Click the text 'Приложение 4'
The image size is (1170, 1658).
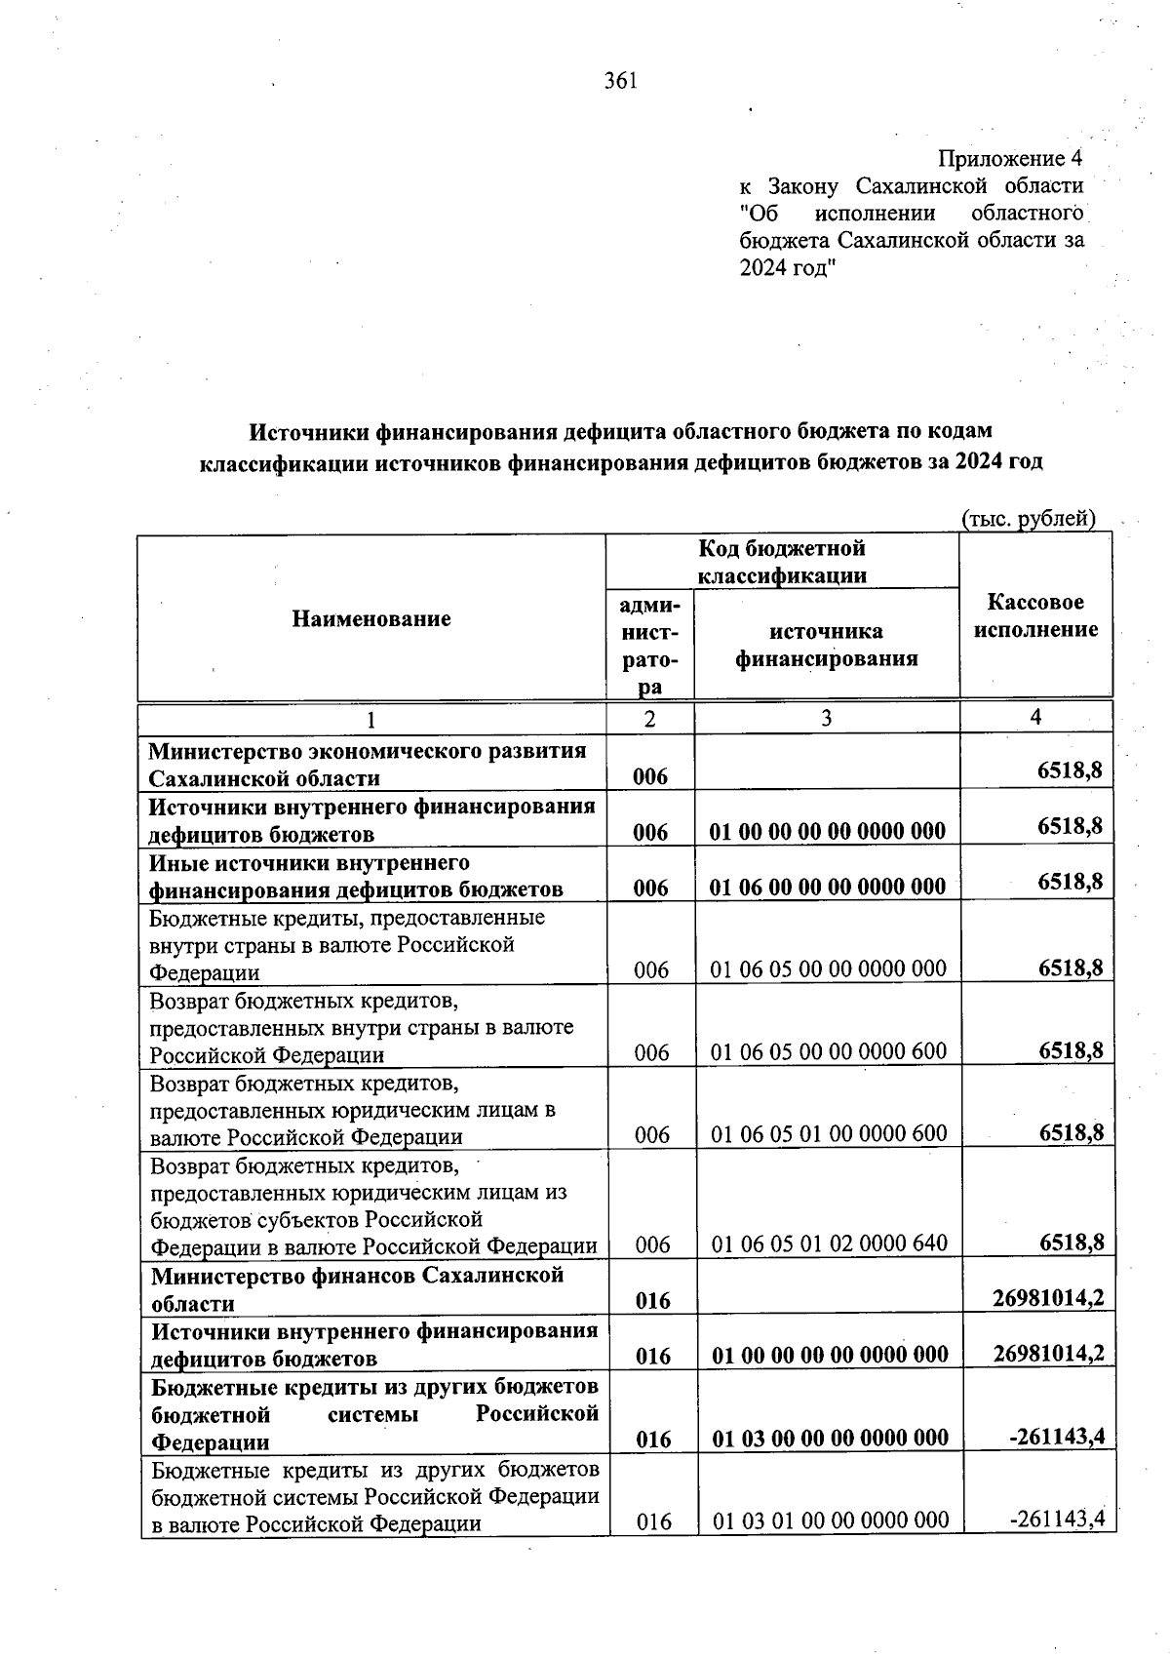[x=1010, y=158]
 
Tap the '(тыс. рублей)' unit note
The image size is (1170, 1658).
[x=1029, y=519]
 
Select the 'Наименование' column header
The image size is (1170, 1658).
[x=371, y=618]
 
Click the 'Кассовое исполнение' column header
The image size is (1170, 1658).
[x=1035, y=615]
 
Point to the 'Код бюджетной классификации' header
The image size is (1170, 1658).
[x=782, y=562]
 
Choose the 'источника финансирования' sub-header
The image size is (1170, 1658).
[x=826, y=645]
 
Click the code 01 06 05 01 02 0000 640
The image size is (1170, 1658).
[x=830, y=1243]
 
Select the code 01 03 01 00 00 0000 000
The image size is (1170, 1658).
[x=831, y=1520]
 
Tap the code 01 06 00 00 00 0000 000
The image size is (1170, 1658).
[x=828, y=887]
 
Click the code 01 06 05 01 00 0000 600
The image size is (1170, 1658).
[x=829, y=1133]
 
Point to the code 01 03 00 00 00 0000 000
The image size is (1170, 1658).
[x=831, y=1438]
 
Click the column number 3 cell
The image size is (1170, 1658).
[x=826, y=719]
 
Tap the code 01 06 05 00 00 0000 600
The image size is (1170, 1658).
[x=829, y=1051]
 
